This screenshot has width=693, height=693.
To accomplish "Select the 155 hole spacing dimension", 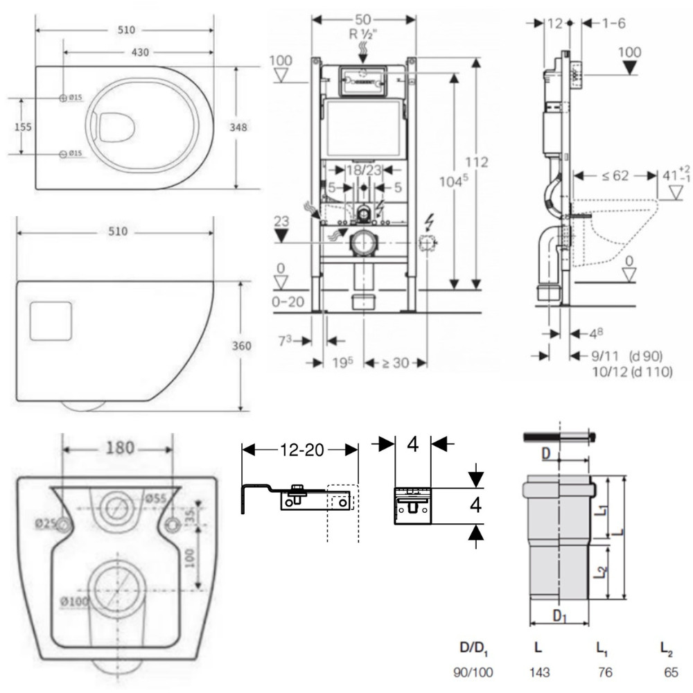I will [x=23, y=127].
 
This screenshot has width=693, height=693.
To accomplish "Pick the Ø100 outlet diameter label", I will [x=75, y=602].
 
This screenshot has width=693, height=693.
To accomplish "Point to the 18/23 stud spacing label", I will [x=363, y=169].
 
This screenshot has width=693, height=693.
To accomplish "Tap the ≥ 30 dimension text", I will [x=393, y=362].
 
